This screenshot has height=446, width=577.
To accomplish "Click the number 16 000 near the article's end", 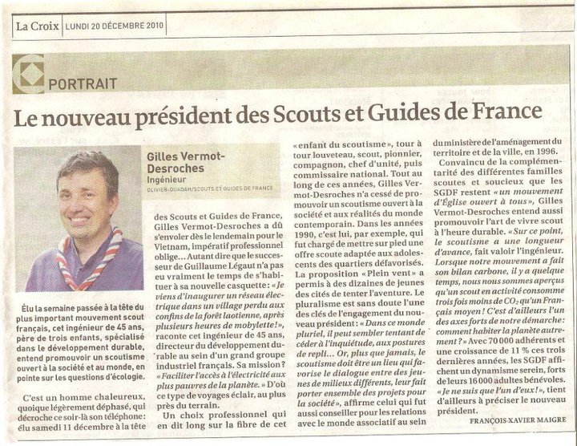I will click(489, 391).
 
